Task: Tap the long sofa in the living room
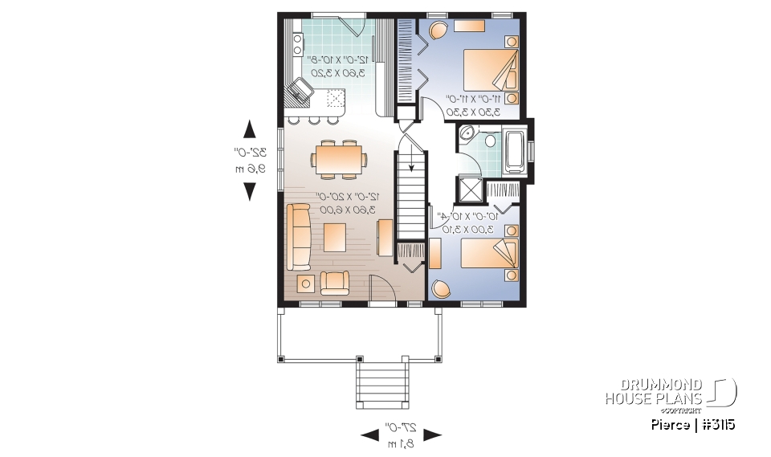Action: tap(299, 236)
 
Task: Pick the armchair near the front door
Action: tap(334, 282)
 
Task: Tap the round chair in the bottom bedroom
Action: tap(441, 288)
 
